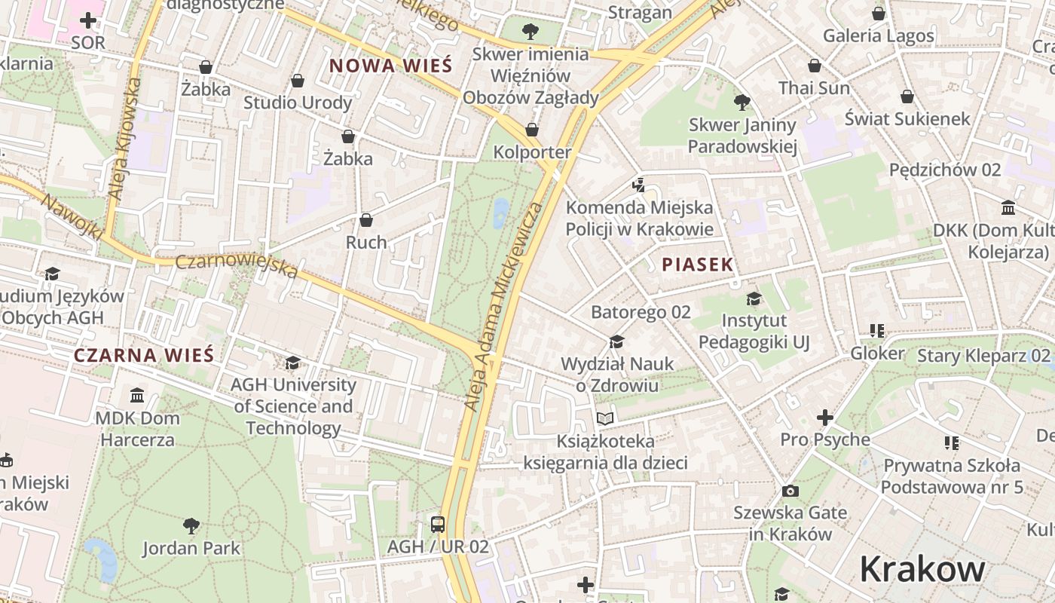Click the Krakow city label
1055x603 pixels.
click(922, 570)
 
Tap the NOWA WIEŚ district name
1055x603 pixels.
click(390, 65)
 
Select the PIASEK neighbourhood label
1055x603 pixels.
click(697, 265)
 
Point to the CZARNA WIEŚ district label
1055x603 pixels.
click(144, 355)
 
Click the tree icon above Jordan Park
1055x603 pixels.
click(191, 525)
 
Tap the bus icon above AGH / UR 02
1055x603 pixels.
click(437, 524)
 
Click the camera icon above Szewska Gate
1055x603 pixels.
click(790, 491)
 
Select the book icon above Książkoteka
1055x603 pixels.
click(605, 418)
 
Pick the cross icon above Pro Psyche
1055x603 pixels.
click(825, 417)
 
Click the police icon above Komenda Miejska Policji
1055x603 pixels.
click(639, 184)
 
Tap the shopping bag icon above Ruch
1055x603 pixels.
click(366, 220)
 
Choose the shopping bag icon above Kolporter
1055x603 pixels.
click(532, 130)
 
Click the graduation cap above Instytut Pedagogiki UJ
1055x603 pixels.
click(754, 299)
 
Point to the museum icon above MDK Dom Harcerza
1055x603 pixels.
click(137, 395)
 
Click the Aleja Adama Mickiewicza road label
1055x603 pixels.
click(503, 306)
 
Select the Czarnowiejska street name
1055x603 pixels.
click(237, 265)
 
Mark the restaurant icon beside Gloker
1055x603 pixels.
click(876, 331)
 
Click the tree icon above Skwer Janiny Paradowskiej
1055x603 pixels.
click(742, 102)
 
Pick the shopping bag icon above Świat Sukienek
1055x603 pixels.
click(907, 96)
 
